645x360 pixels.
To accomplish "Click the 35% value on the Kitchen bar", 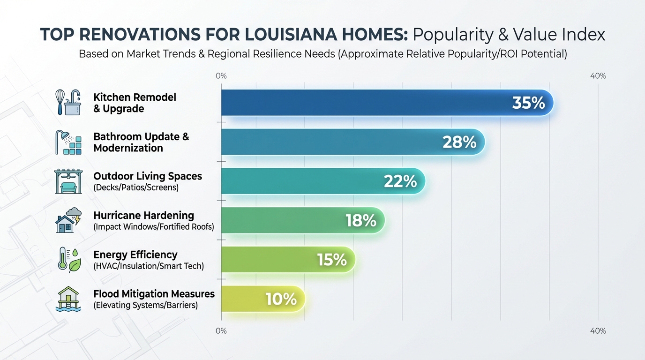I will pyautogui.click(x=528, y=103).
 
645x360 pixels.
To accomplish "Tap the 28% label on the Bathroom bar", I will pyautogui.click(x=459, y=142).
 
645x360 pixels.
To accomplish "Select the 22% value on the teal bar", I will pyautogui.click(x=400, y=181).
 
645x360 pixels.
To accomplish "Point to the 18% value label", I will pyautogui.click(x=361, y=220).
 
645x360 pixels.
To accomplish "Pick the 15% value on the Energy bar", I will pyautogui.click(x=331, y=259).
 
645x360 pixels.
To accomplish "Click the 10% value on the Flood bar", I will pyautogui.click(x=281, y=299).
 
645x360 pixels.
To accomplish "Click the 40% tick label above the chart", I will pyautogui.click(x=598, y=76).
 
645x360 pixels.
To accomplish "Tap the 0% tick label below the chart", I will pyautogui.click(x=221, y=331).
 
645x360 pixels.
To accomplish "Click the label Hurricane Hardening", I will pyautogui.click(x=143, y=216).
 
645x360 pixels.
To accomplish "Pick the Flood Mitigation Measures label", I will pyautogui.click(x=154, y=294).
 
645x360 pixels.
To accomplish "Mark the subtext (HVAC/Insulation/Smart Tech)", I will pyautogui.click(x=149, y=266).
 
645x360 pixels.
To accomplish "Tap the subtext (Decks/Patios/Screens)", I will pyautogui.click(x=136, y=187).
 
